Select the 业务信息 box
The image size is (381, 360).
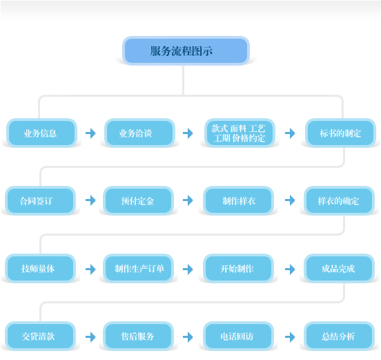tap(41, 133)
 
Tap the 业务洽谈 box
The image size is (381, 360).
tap(139, 133)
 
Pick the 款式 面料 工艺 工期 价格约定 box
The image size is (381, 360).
tap(239, 133)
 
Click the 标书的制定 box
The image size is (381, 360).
tap(340, 133)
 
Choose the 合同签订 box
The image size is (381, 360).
tap(41, 201)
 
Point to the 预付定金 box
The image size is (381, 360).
tap(139, 201)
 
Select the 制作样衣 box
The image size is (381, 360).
tap(239, 201)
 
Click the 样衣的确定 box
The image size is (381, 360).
tap(340, 201)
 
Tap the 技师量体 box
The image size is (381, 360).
tap(41, 268)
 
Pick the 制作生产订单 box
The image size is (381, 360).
tap(139, 268)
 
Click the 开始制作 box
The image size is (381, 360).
tap(239, 268)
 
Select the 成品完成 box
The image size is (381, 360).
tap(340, 268)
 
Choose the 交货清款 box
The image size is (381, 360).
tap(41, 337)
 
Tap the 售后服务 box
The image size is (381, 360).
tap(139, 337)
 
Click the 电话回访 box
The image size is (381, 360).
tap(239, 337)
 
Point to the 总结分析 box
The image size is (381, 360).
tap(340, 337)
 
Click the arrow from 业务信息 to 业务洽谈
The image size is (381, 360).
tap(90, 133)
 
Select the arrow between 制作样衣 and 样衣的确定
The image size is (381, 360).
tap(290, 201)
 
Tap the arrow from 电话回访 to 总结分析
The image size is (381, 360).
tap(290, 337)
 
